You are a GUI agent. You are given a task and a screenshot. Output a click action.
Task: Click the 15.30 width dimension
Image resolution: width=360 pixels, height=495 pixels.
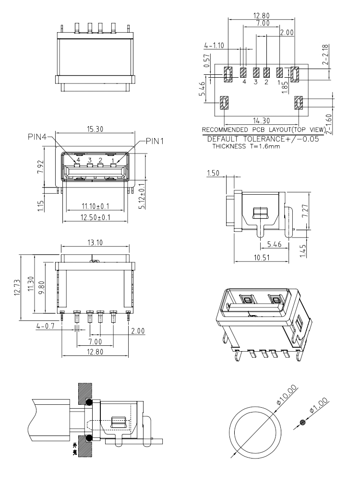pos(96,129)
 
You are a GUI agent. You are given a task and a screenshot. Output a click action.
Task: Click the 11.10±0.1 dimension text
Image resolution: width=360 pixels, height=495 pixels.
pos(95,206)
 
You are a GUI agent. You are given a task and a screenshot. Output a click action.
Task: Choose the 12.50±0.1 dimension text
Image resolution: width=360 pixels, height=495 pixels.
pos(95,218)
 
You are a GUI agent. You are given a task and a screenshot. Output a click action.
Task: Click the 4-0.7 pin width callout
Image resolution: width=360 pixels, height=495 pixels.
pos(46,327)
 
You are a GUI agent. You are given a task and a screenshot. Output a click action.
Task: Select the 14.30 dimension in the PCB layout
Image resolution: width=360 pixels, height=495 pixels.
pos(262,120)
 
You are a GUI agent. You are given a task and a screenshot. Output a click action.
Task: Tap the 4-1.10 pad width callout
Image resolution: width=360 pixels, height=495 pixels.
pos(215,46)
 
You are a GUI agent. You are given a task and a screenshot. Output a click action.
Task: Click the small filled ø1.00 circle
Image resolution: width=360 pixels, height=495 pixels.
pos(302,422)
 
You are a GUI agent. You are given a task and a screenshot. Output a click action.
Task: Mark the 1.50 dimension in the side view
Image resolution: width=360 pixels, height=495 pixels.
pos(214,172)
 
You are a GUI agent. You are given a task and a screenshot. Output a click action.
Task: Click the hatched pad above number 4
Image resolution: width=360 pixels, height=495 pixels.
pos(244,72)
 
